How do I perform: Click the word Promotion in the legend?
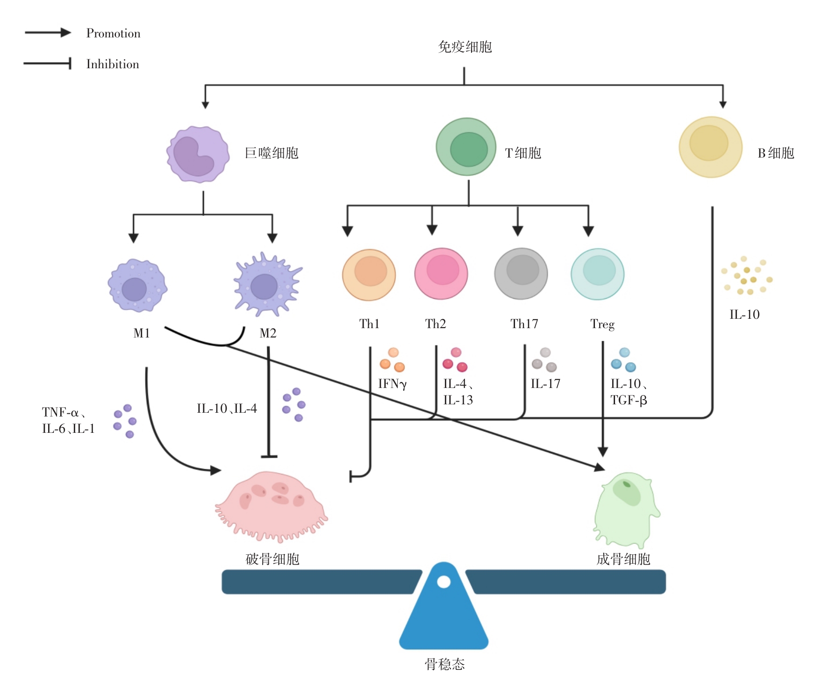(x=113, y=33)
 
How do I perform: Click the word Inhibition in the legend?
(x=113, y=64)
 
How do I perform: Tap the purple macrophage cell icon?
(x=198, y=154)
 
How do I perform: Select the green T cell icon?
(x=466, y=147)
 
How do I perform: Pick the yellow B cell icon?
(x=710, y=147)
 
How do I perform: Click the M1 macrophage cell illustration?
(x=137, y=285)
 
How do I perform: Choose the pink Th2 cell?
(x=441, y=273)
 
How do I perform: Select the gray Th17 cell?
(x=521, y=273)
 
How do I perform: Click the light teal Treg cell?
(x=597, y=274)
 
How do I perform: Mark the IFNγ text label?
(x=392, y=384)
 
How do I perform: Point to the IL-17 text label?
(x=545, y=384)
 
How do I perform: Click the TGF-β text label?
(x=629, y=400)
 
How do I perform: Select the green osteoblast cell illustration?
(x=625, y=509)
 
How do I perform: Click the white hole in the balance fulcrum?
(x=444, y=582)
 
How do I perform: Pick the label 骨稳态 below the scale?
(x=444, y=664)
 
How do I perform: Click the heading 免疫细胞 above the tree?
(x=465, y=47)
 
